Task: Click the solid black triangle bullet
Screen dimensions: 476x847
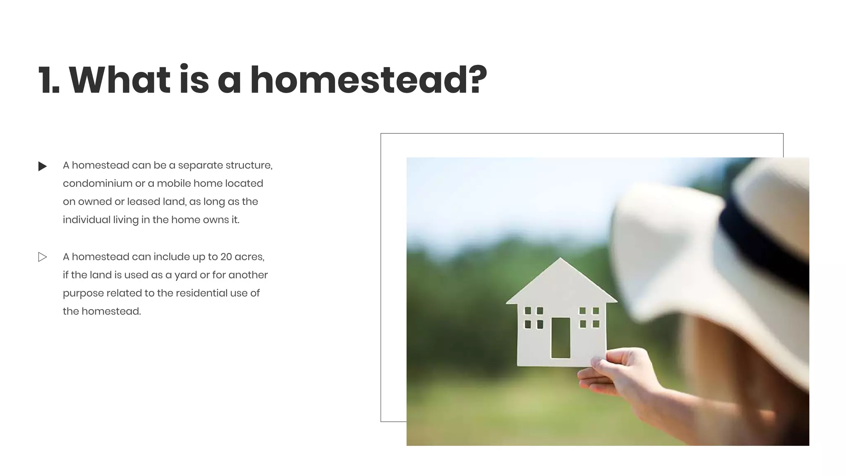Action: click(x=42, y=167)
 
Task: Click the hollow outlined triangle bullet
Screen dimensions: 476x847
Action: click(x=42, y=257)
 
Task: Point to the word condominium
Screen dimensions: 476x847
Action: click(x=97, y=183)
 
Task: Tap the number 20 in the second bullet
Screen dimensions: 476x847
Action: click(x=226, y=257)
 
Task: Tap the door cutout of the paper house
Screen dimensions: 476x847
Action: click(x=560, y=338)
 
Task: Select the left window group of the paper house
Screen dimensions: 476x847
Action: click(x=534, y=317)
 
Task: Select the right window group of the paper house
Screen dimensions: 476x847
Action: click(x=589, y=317)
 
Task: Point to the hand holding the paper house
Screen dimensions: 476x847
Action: click(x=620, y=372)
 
